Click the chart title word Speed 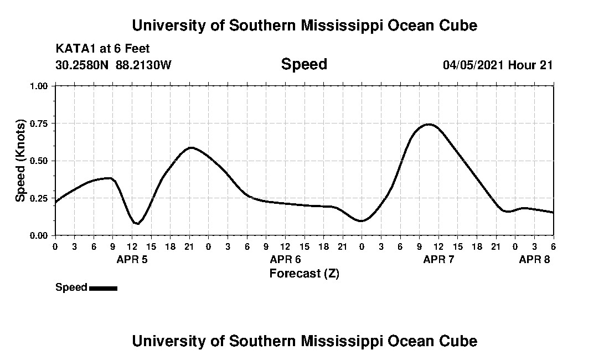click(x=304, y=64)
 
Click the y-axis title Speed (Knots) click(x=20, y=160)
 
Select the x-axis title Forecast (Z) click(x=304, y=274)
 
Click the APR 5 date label click(x=132, y=259)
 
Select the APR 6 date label click(x=285, y=259)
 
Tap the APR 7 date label click(x=438, y=259)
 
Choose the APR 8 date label click(x=534, y=259)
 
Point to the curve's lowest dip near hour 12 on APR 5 click(x=137, y=223)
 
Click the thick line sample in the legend click(x=103, y=288)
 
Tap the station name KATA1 click(x=75, y=49)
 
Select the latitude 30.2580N click(x=82, y=65)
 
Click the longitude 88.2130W click(x=144, y=65)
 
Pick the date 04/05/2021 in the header click(x=473, y=65)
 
